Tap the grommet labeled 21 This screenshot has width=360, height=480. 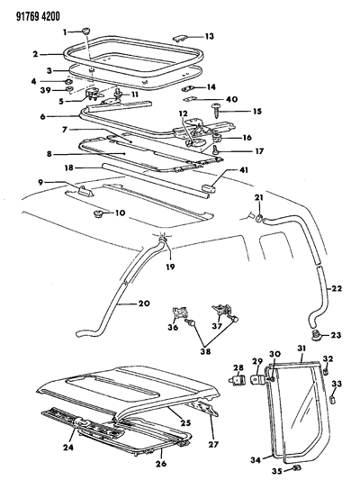[x=258, y=220]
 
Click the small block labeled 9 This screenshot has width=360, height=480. [x=86, y=189]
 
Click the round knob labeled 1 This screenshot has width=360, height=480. [x=84, y=32]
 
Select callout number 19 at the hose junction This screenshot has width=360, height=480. [x=168, y=268]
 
